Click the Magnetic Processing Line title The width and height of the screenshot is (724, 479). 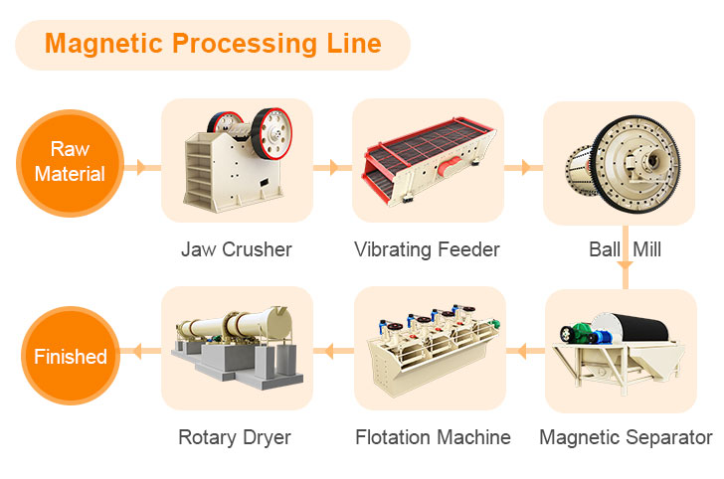point(212,45)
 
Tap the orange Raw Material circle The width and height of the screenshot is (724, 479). point(70,162)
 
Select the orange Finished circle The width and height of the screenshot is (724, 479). point(70,355)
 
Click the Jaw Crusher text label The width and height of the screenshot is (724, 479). point(237,248)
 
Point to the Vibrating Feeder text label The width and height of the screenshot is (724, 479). point(427,248)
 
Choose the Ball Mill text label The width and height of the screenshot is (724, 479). point(625,248)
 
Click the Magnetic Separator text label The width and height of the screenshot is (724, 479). point(626,437)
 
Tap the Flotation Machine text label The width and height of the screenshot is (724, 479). point(433,437)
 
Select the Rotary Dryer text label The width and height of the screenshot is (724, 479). point(235,437)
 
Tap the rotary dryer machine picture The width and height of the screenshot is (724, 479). point(236,348)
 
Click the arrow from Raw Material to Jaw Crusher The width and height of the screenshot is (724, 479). point(141,167)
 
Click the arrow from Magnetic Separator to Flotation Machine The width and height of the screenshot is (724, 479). point(520,349)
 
